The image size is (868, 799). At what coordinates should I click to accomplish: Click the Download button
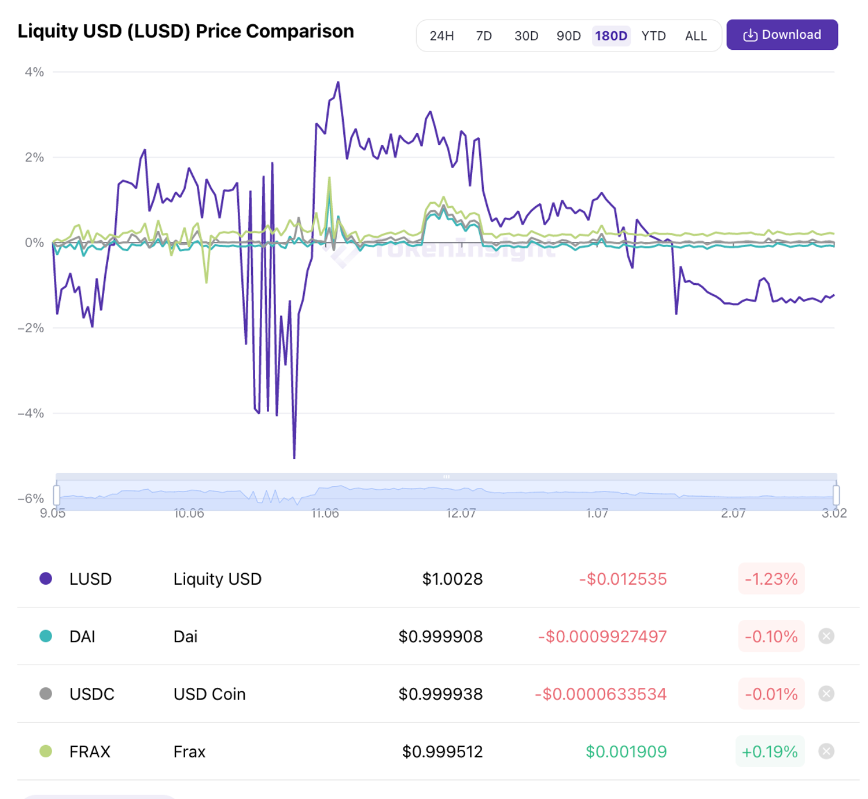tap(782, 35)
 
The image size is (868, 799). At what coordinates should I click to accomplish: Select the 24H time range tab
tap(442, 36)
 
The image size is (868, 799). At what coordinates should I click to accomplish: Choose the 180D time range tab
tap(611, 36)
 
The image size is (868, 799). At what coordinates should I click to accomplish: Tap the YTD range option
tap(653, 36)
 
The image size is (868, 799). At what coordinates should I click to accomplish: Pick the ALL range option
tap(696, 36)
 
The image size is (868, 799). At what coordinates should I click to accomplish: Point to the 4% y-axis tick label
tap(34, 72)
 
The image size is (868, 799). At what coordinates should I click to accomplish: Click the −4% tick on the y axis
tap(31, 413)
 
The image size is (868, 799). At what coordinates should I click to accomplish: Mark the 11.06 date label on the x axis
tap(325, 514)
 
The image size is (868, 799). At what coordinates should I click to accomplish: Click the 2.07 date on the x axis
tap(733, 514)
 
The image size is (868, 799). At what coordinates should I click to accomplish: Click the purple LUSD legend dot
tap(46, 578)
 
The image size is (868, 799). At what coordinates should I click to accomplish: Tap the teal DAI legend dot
tap(46, 636)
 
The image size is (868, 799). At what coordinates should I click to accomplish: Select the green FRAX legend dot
tap(46, 752)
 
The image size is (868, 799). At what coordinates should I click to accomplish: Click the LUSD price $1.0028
tap(452, 579)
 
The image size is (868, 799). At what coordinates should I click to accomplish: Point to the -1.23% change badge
tap(771, 579)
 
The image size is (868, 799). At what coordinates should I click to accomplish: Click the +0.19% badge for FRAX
tap(770, 752)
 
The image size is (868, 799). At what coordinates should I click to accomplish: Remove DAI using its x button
tap(826, 636)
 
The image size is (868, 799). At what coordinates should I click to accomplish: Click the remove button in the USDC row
tap(826, 694)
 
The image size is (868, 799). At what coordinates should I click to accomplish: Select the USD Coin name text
tap(209, 694)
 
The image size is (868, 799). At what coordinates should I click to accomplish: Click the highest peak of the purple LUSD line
tap(338, 83)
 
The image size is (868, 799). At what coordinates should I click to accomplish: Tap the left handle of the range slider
tap(57, 495)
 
